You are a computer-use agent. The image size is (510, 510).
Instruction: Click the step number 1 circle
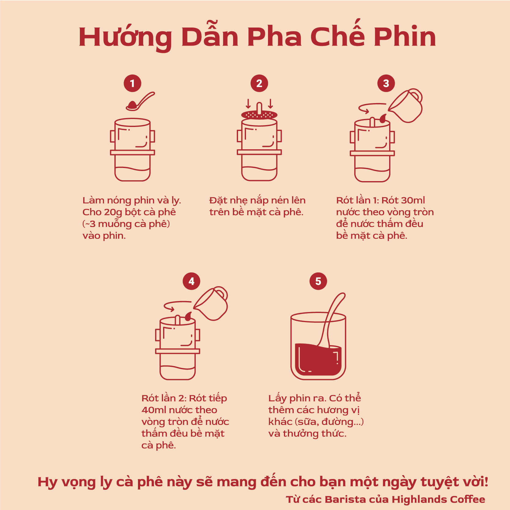(132, 83)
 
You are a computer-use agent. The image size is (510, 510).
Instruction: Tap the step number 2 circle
(259, 83)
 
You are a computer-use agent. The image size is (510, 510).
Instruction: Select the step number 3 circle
(386, 83)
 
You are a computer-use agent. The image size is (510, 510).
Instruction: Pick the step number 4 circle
(191, 281)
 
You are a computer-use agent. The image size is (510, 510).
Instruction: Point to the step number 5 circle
(318, 281)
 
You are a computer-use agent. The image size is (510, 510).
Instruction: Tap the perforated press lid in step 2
(259, 115)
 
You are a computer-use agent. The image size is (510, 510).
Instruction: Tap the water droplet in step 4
(188, 316)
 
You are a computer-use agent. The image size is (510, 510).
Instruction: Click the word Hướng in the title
(125, 37)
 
